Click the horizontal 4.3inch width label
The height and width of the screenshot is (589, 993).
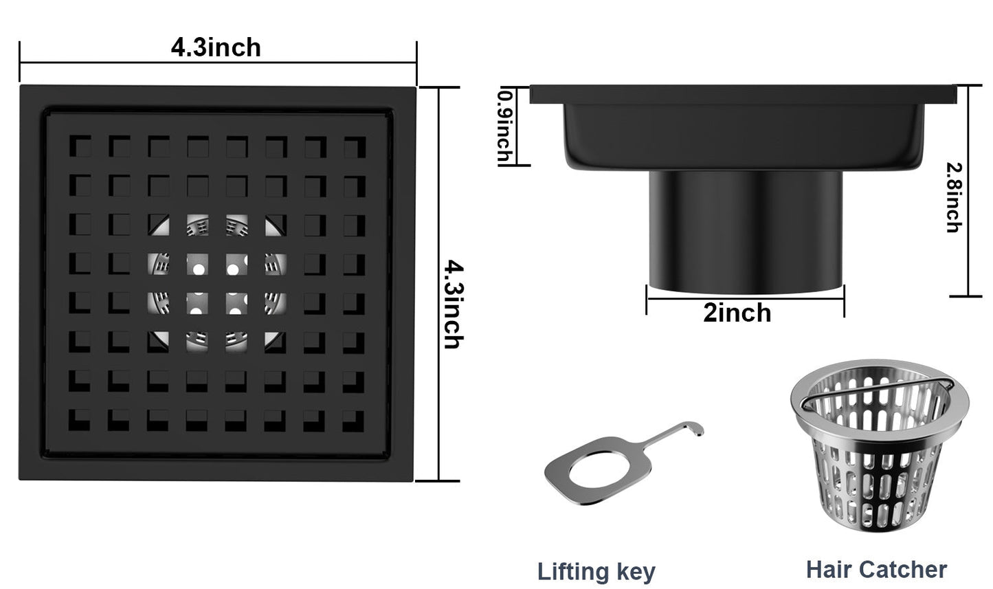[216, 47]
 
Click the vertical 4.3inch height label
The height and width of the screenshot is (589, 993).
[452, 304]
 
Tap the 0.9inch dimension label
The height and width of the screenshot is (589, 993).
[505, 127]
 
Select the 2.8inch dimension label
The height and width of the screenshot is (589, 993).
[953, 197]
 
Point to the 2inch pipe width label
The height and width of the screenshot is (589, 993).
[737, 313]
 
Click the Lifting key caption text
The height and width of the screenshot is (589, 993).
[596, 571]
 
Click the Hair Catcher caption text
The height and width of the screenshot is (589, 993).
[876, 569]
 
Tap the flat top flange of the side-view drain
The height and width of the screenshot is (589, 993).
[742, 94]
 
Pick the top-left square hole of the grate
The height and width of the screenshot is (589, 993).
[81, 146]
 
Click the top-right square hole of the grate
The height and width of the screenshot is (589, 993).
[355, 146]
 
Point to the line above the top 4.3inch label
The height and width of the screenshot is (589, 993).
[218, 63]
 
